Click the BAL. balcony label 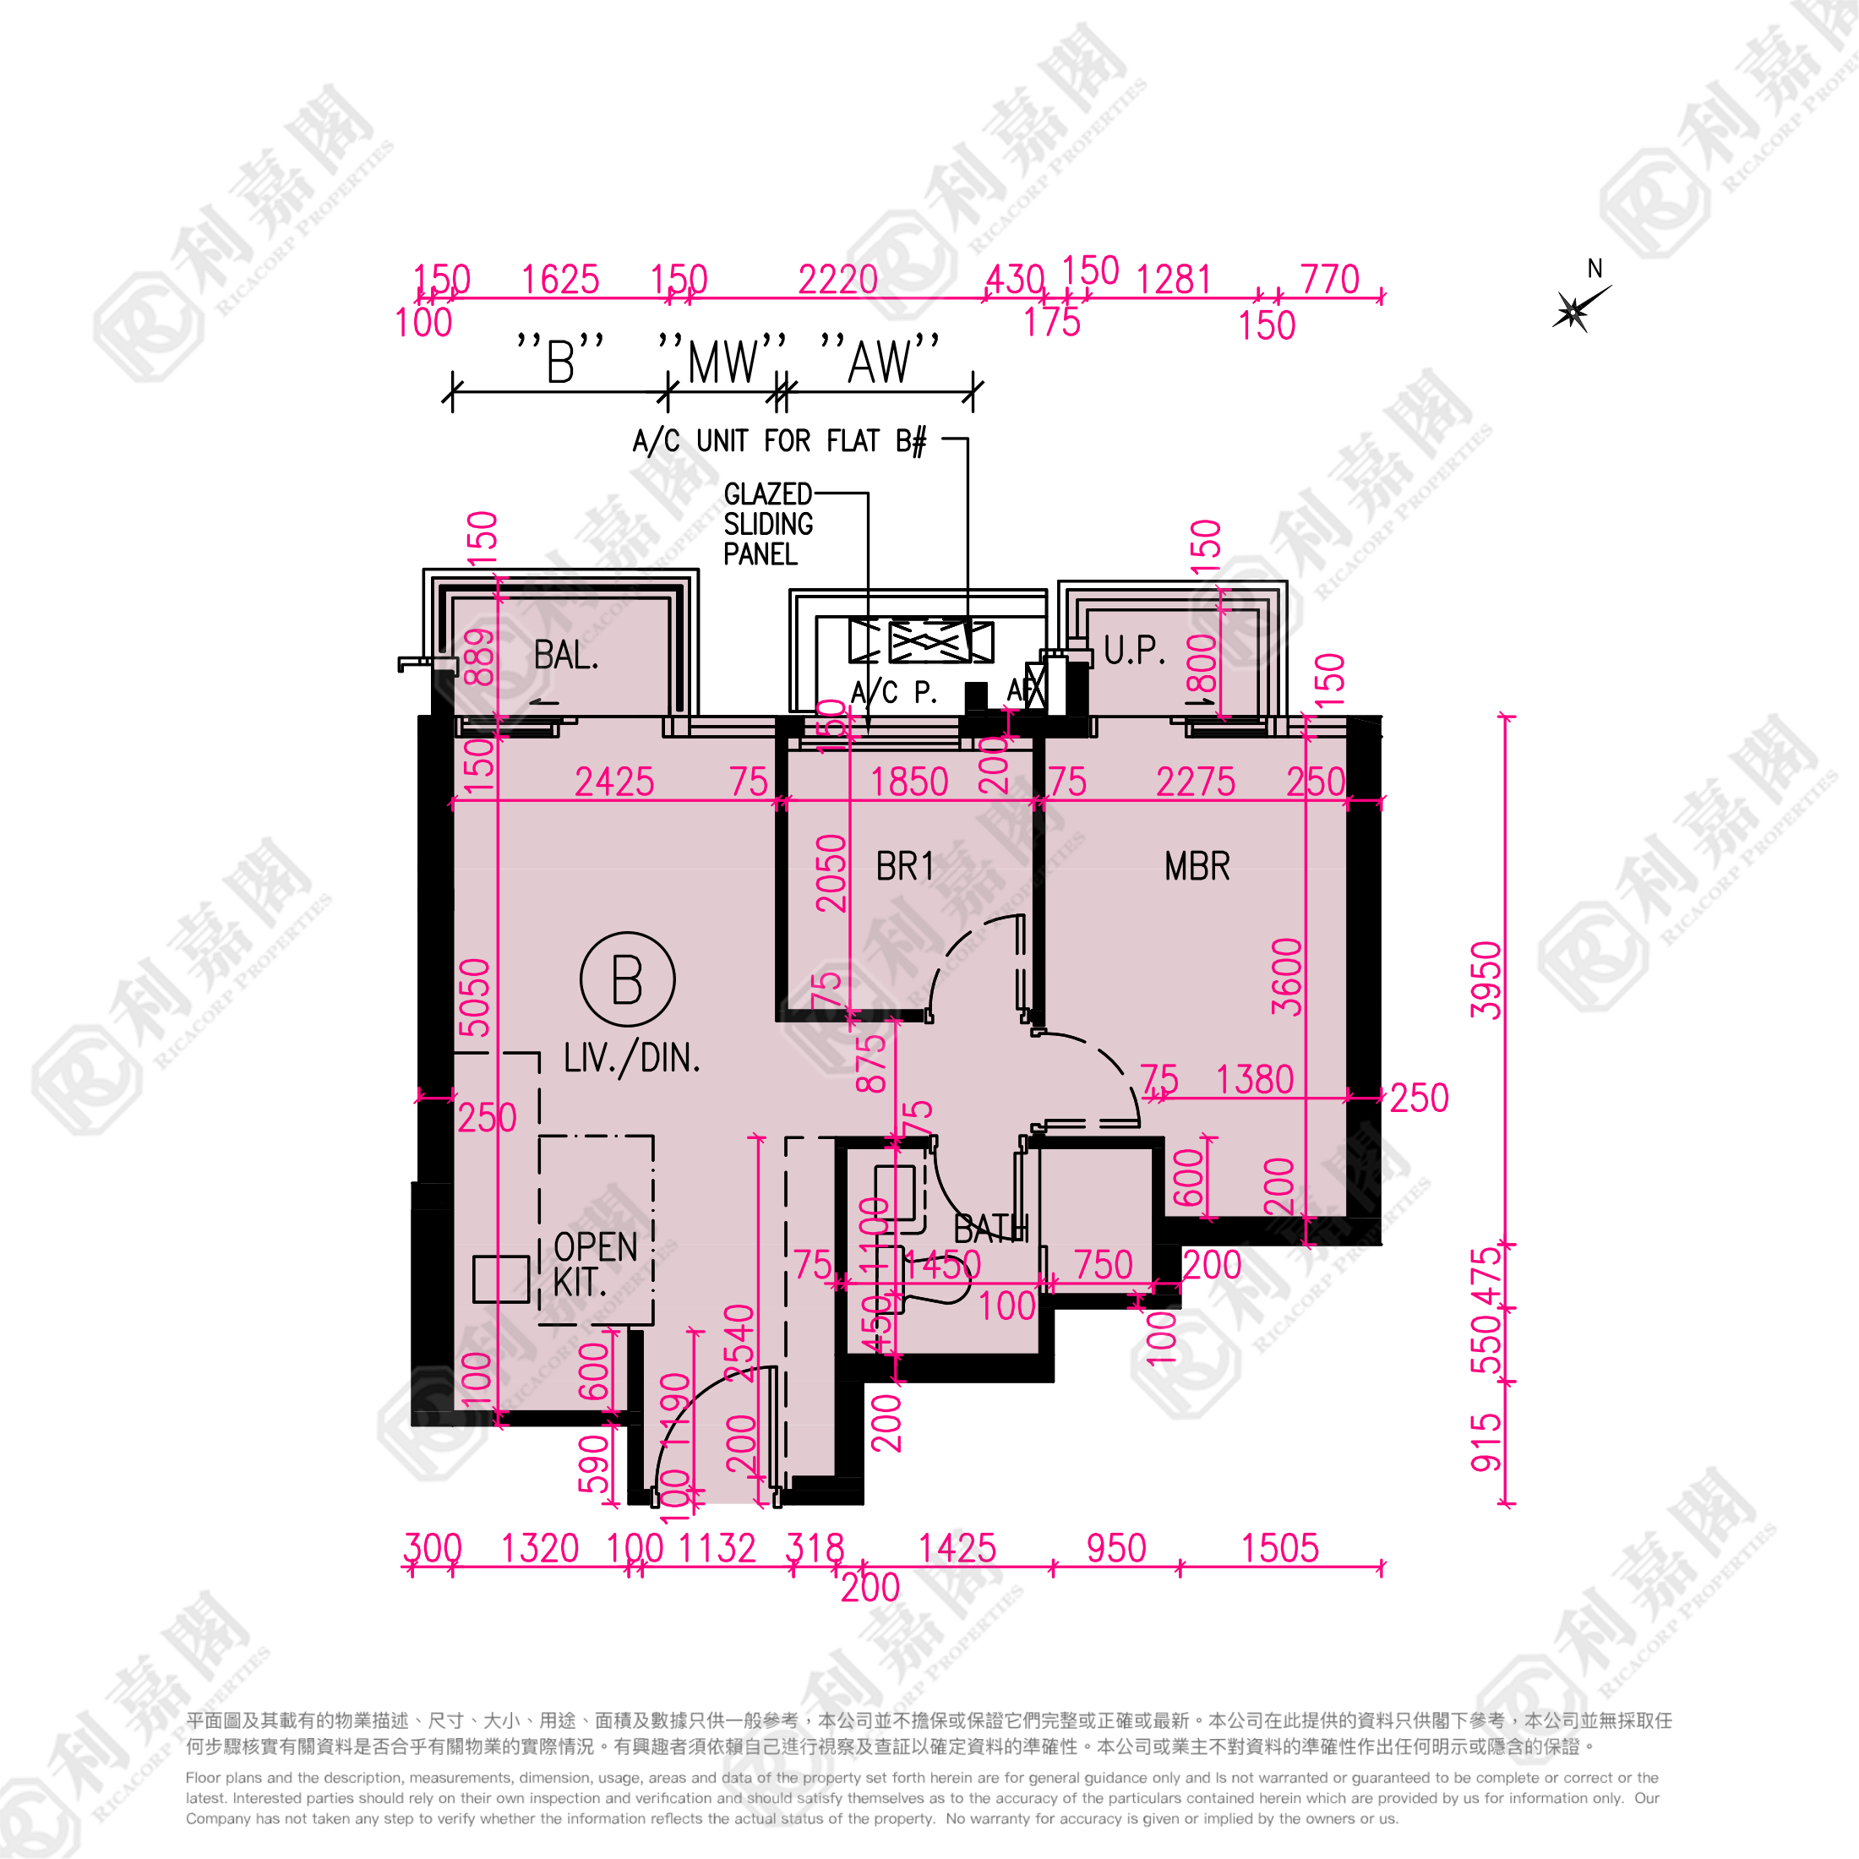click(x=566, y=657)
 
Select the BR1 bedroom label click(x=904, y=866)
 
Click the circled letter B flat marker click(x=627, y=979)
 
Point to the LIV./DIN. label click(x=631, y=1059)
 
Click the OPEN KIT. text click(x=594, y=1264)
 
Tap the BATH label click(x=990, y=1229)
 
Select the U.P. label click(x=1135, y=651)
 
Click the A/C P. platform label click(x=893, y=692)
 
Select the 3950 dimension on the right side click(x=1486, y=979)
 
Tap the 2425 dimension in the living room click(x=614, y=782)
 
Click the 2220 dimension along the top click(x=837, y=280)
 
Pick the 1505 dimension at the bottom click(x=1278, y=1548)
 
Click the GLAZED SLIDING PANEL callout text click(x=768, y=525)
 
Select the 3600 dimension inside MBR click(x=1286, y=977)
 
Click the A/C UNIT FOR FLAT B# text click(x=778, y=442)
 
